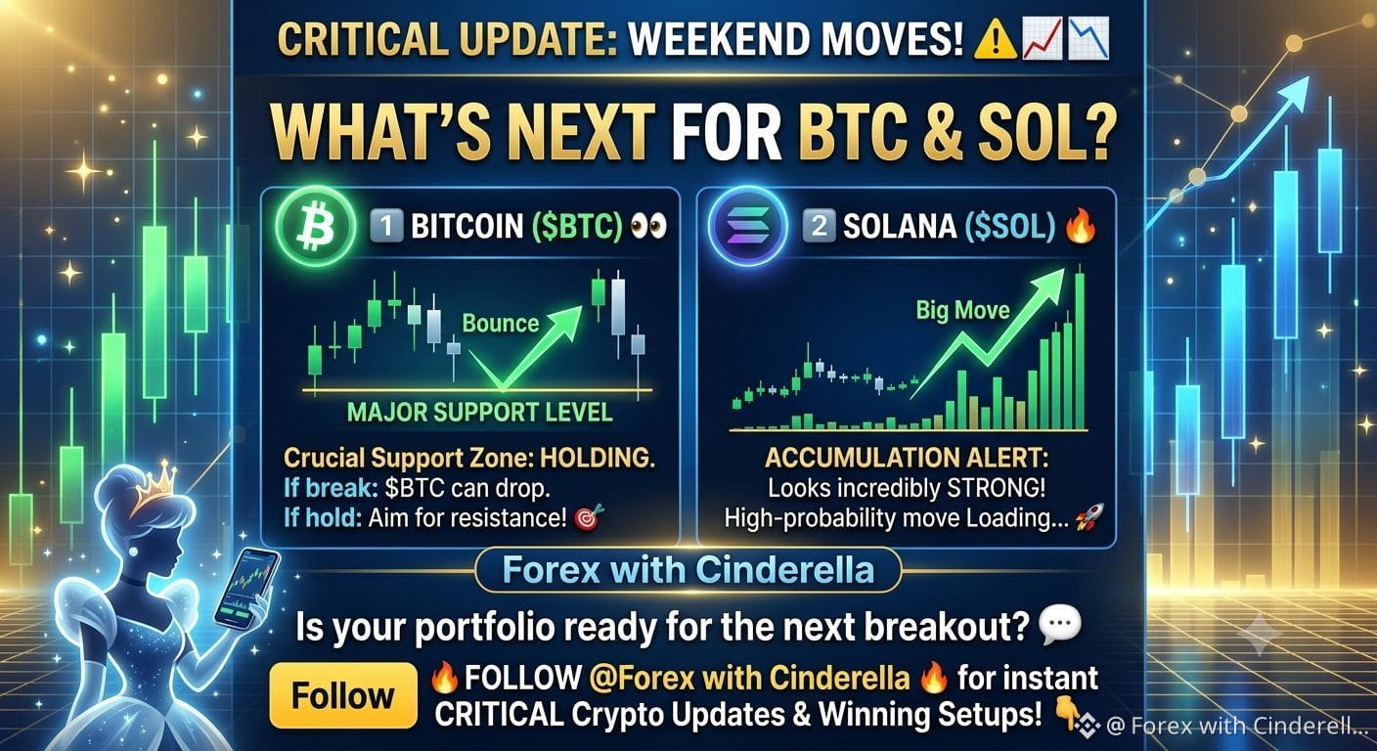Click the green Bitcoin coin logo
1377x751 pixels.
315,226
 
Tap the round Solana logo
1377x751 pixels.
747,226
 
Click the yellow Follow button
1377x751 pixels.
343,695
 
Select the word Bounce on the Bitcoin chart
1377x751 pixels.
501,324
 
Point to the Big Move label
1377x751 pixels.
962,310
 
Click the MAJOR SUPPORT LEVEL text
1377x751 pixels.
479,413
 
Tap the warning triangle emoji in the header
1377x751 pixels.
996,40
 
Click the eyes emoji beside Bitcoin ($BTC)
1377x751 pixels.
648,226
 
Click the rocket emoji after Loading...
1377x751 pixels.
1089,517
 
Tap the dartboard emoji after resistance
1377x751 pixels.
589,517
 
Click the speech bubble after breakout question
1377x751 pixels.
1059,623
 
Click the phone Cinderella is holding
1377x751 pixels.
245,588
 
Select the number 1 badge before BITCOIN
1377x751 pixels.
386,226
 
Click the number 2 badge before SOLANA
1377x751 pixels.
819,226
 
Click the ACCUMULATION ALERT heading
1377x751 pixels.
907,458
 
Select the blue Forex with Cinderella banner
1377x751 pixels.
688,570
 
